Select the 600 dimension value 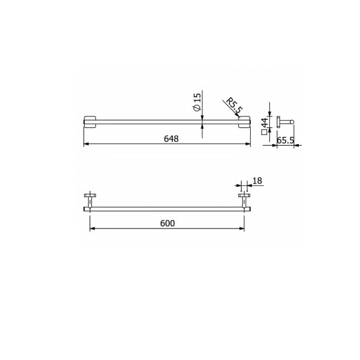click(167, 223)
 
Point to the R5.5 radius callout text click(232, 106)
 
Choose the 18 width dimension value click(257, 180)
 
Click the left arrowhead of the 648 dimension click(85, 145)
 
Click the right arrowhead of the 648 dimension click(248, 145)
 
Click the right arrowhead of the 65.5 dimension click(300, 145)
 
